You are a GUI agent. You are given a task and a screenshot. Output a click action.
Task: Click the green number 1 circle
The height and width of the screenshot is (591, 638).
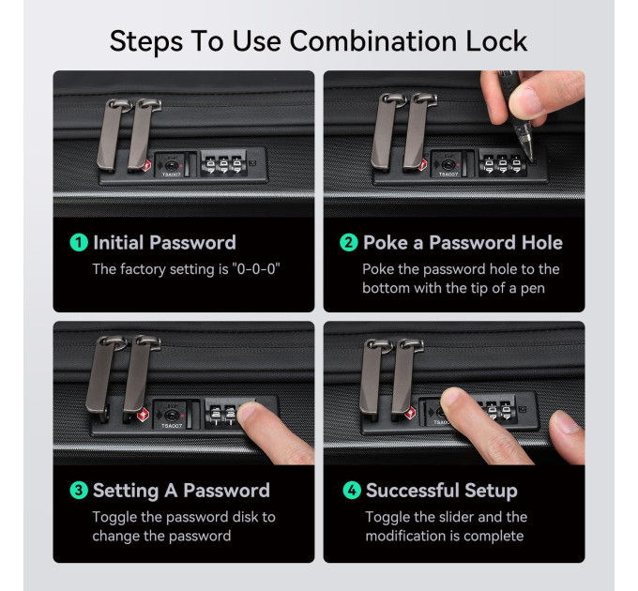click(x=79, y=243)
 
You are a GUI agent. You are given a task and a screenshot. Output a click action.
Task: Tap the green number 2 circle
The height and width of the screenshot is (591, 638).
click(x=349, y=243)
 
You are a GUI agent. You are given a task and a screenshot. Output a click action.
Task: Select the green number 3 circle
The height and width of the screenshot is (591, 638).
click(x=79, y=491)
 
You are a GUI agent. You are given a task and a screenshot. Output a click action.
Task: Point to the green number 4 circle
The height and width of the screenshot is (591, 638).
click(x=352, y=491)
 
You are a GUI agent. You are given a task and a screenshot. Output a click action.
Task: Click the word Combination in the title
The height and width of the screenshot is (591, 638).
click(x=373, y=41)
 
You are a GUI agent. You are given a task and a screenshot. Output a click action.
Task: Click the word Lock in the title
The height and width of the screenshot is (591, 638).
click(x=496, y=41)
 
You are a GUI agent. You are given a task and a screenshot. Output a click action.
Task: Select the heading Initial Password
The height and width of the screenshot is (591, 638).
click(x=164, y=243)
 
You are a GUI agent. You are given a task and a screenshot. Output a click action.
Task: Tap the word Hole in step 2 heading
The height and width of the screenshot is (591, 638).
click(x=542, y=243)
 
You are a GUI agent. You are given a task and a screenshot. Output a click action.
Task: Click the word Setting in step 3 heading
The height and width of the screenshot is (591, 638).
click(x=126, y=491)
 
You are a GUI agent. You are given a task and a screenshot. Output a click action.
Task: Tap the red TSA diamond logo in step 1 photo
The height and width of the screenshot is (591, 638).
click(x=145, y=166)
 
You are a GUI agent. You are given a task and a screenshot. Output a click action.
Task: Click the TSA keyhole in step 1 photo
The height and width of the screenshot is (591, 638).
click(x=172, y=166)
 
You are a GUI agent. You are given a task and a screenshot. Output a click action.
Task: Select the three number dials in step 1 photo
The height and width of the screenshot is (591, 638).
click(x=223, y=164)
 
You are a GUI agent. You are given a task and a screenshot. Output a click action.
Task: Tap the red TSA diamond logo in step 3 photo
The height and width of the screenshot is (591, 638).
click(x=143, y=416)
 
